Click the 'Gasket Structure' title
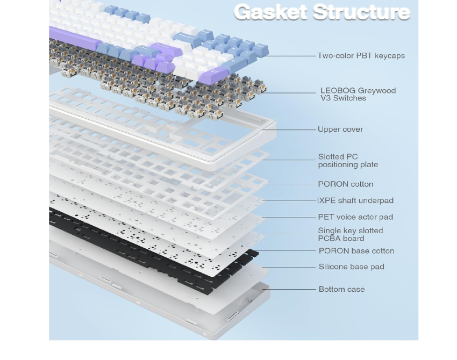(x=322, y=12)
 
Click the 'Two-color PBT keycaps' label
(x=361, y=55)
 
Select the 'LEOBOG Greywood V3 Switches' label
(x=358, y=94)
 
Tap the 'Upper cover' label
(x=340, y=129)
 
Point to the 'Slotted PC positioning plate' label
(x=347, y=161)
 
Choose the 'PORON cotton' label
(x=345, y=184)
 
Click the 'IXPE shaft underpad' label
(x=355, y=200)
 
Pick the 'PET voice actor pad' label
(x=355, y=217)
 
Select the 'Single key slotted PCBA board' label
(x=350, y=234)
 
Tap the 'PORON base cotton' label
(x=356, y=251)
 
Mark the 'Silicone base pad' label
(x=351, y=267)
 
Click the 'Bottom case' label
(x=341, y=289)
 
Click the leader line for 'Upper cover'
(x=290, y=129)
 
